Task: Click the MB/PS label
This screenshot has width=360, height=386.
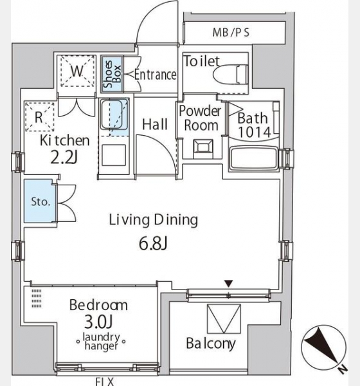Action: (x=231, y=33)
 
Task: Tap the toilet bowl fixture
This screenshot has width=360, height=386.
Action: (x=231, y=75)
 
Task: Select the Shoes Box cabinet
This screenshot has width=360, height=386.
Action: (x=112, y=74)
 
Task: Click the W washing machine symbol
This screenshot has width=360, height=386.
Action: (x=78, y=71)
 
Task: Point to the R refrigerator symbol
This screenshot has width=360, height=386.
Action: (x=39, y=117)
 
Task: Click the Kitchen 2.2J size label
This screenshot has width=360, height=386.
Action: (x=64, y=158)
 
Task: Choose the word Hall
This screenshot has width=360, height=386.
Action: (x=155, y=124)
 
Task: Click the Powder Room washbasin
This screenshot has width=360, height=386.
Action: (x=203, y=148)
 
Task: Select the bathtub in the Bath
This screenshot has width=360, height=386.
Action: (x=254, y=158)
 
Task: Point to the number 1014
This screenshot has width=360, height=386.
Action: (x=255, y=132)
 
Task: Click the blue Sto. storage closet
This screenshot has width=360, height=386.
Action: (x=40, y=201)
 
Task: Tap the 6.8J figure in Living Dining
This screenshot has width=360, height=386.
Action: (x=153, y=244)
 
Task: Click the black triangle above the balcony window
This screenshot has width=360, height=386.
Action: (x=229, y=284)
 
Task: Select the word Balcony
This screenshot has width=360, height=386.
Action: (x=211, y=344)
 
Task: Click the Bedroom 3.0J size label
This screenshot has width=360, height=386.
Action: (x=98, y=322)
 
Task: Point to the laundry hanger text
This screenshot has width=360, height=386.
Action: (x=101, y=342)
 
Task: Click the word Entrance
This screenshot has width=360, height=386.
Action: (x=156, y=75)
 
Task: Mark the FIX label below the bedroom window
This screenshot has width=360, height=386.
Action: (x=104, y=381)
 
